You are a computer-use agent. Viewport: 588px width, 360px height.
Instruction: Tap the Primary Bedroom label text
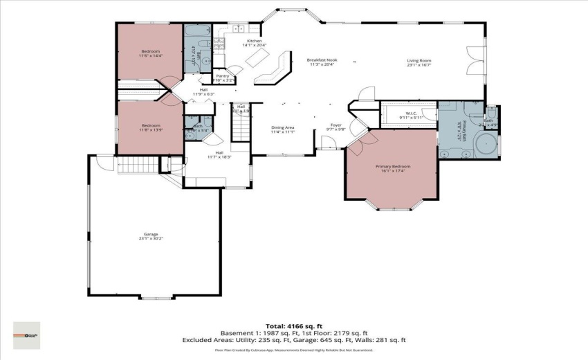pos(393,166)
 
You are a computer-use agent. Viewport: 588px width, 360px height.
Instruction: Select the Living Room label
pos(419,61)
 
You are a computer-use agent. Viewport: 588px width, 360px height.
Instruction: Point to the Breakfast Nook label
pos(322,61)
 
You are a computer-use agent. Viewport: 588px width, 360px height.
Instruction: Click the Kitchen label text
pos(255,42)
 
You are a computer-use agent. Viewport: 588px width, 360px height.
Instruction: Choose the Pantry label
pos(223,75)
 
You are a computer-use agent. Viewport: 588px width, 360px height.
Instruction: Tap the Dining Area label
pos(283,127)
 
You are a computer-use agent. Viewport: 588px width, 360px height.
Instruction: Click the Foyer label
pos(336,125)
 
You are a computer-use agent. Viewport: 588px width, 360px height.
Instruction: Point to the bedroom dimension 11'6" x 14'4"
pos(151,55)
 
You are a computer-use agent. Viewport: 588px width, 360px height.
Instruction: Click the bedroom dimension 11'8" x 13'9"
pos(151,129)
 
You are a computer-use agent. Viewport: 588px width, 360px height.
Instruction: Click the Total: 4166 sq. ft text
pos(294,325)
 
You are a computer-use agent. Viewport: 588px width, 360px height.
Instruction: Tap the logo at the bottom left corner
pos(27,335)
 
